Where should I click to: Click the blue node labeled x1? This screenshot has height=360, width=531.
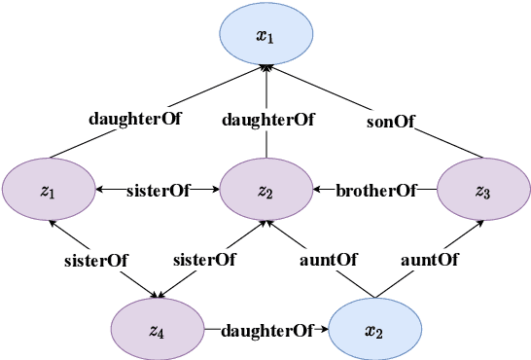tap(265, 37)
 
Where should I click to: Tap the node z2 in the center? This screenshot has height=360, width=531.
tap(265, 190)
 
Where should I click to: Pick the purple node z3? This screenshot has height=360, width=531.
tap(482, 190)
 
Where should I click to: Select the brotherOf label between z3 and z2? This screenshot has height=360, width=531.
tap(374, 191)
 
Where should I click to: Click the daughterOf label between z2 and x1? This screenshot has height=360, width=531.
tap(267, 121)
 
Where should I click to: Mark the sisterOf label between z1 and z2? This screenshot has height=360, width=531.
tap(158, 191)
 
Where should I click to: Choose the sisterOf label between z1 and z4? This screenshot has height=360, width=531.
tap(96, 260)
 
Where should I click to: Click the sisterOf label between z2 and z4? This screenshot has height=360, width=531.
tap(204, 260)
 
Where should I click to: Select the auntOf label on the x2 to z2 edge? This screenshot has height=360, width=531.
tap(327, 260)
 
